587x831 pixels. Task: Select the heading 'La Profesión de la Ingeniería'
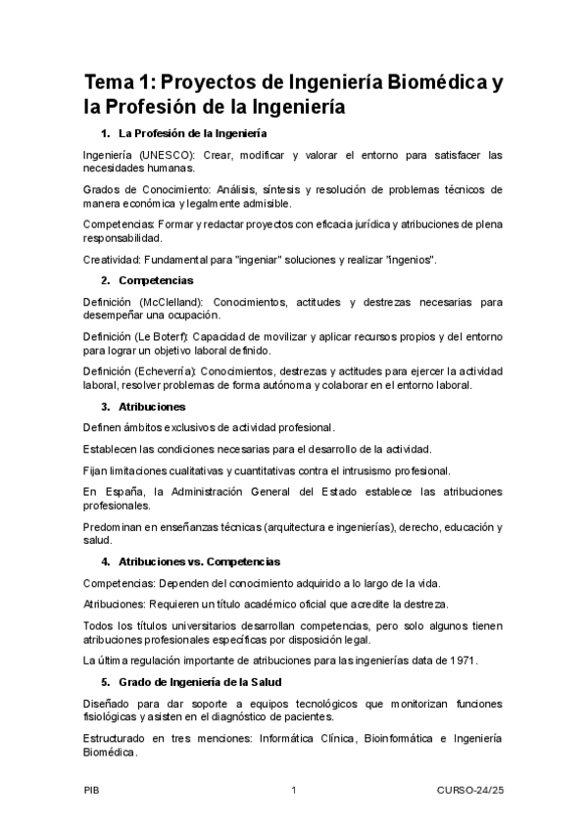193,132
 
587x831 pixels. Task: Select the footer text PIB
91,791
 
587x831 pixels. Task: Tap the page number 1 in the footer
293,791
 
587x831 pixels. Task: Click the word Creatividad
113,259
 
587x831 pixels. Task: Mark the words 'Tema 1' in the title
119,82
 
